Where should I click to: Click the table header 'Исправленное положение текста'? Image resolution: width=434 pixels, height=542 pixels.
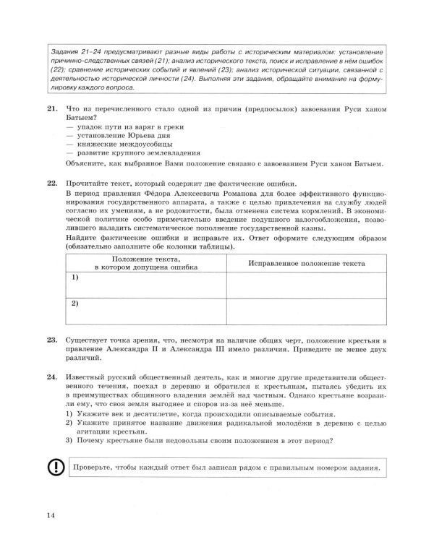[306, 264]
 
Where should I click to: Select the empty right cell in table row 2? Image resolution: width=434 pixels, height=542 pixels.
[306, 311]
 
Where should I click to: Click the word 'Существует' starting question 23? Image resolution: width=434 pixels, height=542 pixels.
[88, 339]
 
